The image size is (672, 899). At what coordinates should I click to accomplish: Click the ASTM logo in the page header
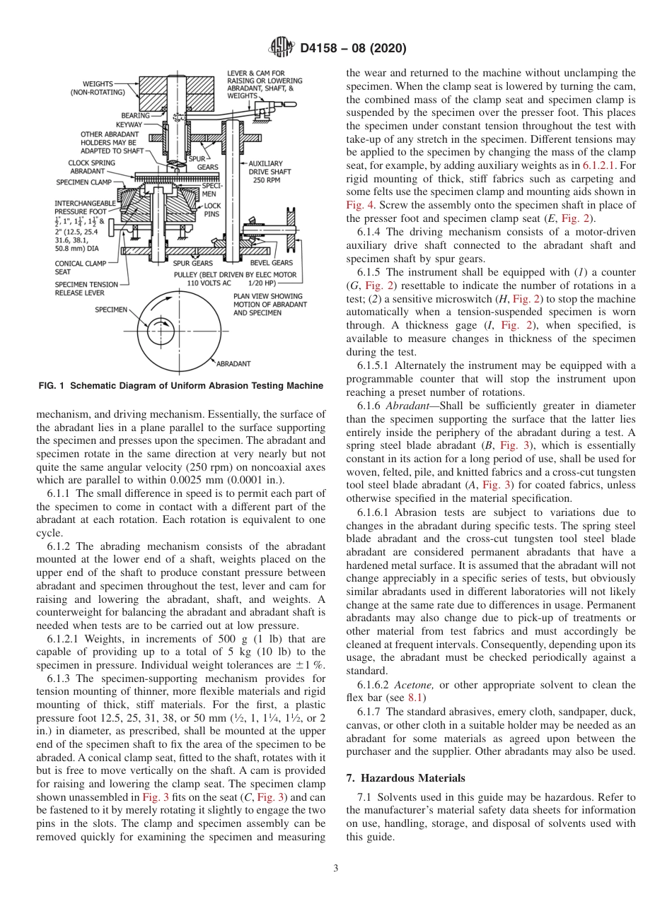point(282,49)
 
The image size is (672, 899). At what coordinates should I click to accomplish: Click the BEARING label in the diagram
point(135,115)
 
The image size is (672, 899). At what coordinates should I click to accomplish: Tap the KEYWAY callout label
point(129,124)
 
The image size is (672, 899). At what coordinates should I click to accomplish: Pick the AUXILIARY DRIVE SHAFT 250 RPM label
point(265,172)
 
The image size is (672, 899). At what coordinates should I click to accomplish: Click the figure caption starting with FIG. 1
point(180,386)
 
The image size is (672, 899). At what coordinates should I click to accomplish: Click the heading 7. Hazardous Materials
point(405,778)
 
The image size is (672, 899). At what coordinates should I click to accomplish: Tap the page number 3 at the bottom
point(335,869)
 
